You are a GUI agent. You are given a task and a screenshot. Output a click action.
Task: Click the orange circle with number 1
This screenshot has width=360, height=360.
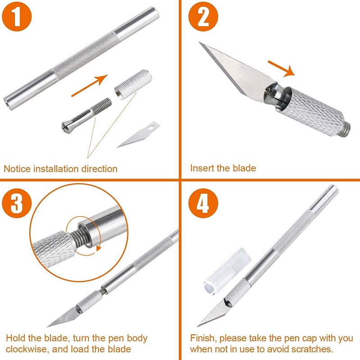(17, 18)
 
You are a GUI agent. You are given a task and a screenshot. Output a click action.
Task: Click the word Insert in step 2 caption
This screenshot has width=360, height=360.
(202, 168)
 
